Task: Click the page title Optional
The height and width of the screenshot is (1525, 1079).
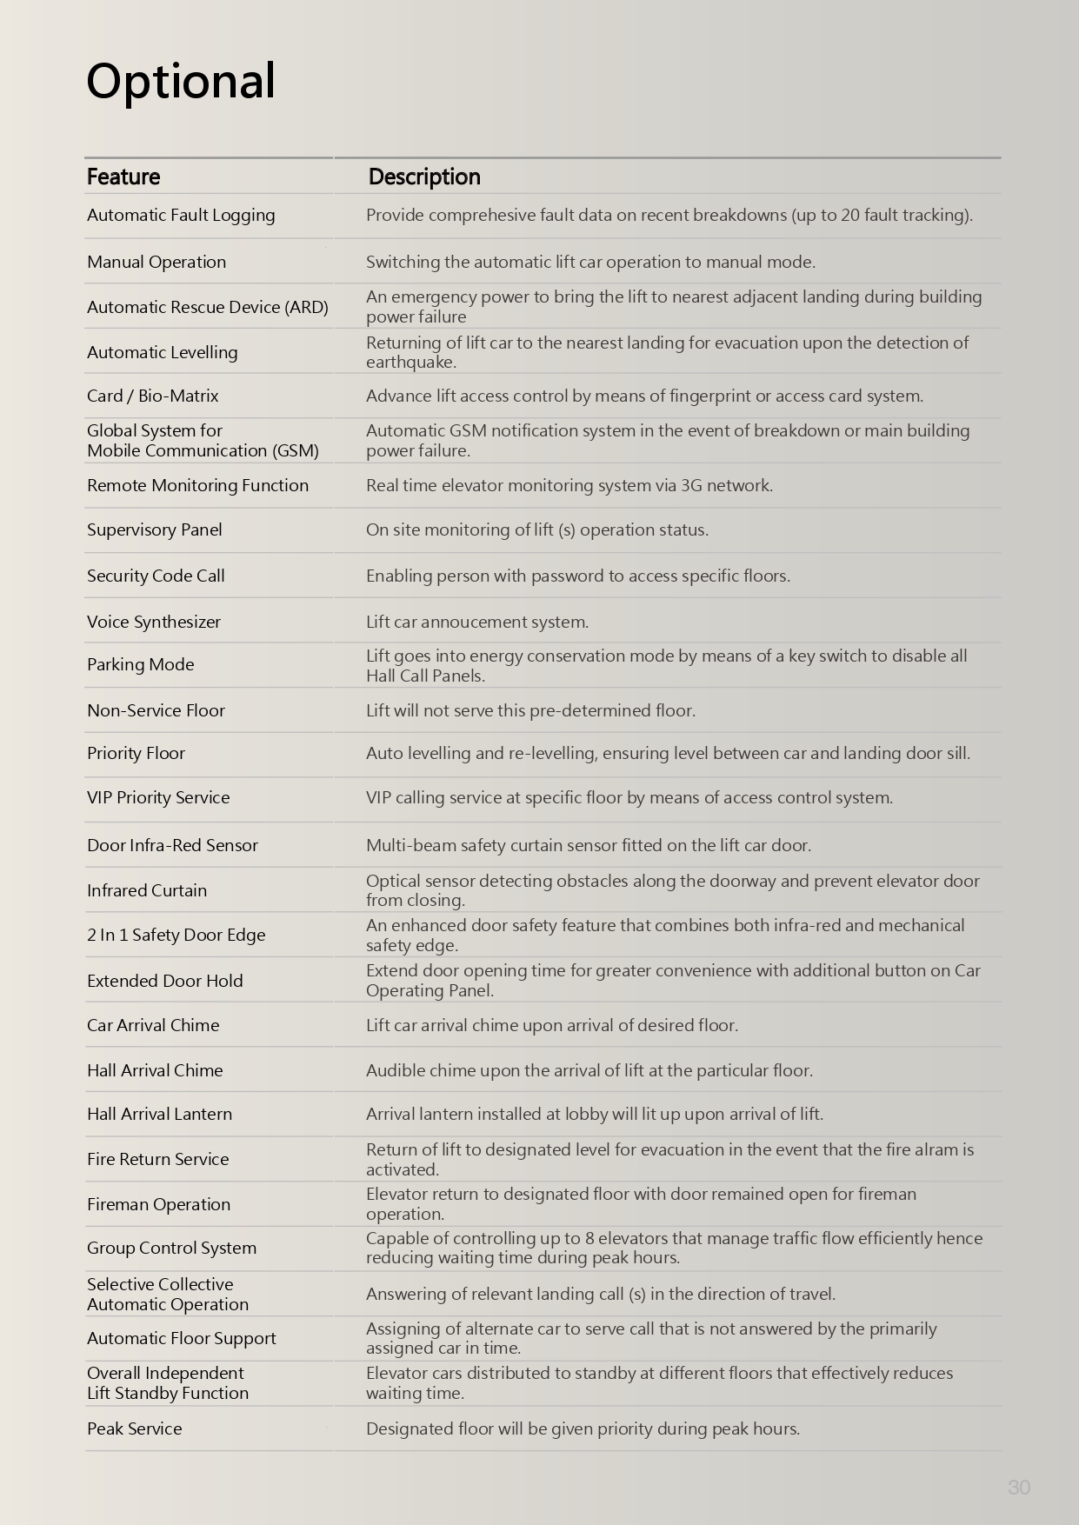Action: click(x=181, y=81)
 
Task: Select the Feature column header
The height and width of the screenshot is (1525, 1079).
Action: click(x=123, y=176)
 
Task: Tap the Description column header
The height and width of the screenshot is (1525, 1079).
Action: click(x=424, y=176)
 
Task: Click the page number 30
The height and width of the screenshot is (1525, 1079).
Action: click(x=1019, y=1488)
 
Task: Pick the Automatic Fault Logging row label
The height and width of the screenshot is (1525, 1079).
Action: click(x=181, y=215)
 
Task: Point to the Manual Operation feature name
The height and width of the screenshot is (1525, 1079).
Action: click(x=157, y=262)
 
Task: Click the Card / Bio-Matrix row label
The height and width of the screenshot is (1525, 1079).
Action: click(x=153, y=396)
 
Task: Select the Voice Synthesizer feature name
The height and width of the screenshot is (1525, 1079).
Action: click(x=154, y=622)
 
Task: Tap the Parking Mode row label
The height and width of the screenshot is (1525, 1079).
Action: click(x=141, y=664)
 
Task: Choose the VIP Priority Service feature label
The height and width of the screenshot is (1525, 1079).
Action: click(x=158, y=797)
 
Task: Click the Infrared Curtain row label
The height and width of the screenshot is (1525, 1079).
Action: click(x=147, y=890)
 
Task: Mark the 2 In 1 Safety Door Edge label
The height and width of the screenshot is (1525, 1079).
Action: click(x=177, y=935)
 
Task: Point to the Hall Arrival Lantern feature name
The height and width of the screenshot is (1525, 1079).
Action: click(x=160, y=1114)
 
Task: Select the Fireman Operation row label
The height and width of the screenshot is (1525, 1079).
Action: click(x=159, y=1204)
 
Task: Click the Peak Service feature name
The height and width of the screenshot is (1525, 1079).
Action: click(x=135, y=1428)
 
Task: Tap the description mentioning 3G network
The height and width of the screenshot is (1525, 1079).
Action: click(x=569, y=485)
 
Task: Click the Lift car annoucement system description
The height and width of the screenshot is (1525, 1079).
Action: click(x=477, y=622)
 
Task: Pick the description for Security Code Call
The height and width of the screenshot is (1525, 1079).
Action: click(x=578, y=576)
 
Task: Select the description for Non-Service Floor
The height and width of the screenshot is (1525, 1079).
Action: click(x=530, y=710)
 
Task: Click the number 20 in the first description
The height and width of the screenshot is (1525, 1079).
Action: click(x=850, y=215)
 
